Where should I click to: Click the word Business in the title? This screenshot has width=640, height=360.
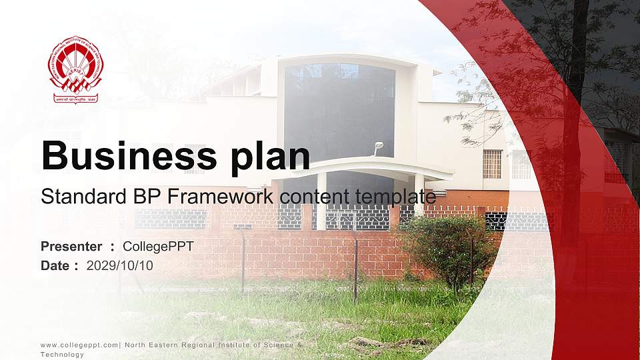coord(121,156)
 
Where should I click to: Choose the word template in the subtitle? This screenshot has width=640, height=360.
coord(395,197)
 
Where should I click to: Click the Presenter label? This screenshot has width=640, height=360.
coord(71,247)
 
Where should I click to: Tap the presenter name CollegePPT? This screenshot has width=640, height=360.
coord(158,247)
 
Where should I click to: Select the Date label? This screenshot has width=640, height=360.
coord(55,265)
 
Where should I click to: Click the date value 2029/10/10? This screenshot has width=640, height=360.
coord(120,265)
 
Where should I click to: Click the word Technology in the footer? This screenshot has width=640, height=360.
coord(62,355)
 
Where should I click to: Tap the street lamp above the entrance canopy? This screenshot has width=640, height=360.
coord(378,146)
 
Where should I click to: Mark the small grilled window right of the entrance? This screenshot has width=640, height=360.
coord(492,163)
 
